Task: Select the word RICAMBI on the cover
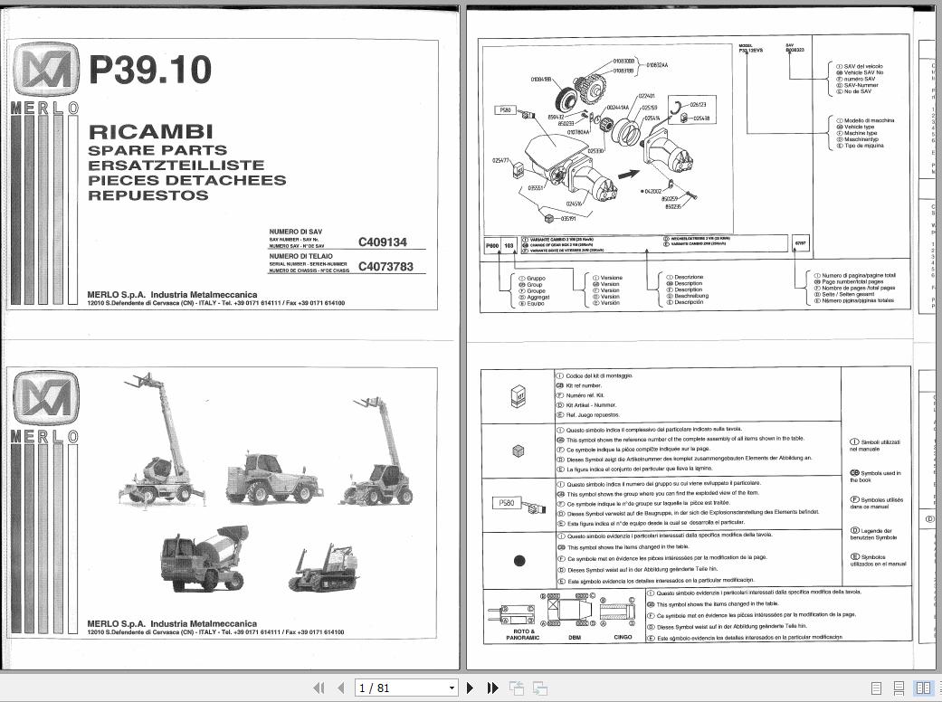(150, 132)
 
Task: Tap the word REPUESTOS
(148, 194)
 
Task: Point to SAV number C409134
(383, 242)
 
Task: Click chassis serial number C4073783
(385, 267)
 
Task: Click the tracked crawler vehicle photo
(324, 568)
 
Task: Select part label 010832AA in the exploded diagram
(658, 65)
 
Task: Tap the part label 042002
(654, 192)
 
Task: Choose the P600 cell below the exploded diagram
(491, 245)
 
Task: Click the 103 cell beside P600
(509, 245)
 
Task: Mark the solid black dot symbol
(519, 561)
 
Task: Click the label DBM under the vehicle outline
(576, 638)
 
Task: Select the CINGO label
(623, 638)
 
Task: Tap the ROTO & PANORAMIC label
(522, 634)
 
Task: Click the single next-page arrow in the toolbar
(471, 688)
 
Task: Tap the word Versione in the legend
(611, 278)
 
